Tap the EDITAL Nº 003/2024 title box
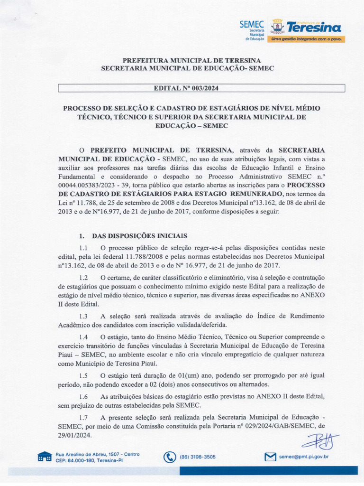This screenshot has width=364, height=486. [201, 88]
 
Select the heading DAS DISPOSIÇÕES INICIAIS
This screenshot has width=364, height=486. [140, 235]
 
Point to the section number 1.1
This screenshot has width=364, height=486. [84, 248]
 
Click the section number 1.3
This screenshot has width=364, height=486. [84, 316]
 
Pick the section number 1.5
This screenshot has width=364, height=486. [84, 375]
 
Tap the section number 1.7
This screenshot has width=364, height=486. [84, 417]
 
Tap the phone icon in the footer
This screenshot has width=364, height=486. [169, 457]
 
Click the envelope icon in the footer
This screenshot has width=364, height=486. [270, 457]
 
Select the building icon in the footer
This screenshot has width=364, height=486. [45, 457]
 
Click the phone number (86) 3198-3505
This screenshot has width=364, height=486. [198, 457]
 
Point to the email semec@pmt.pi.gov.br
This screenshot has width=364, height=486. [304, 457]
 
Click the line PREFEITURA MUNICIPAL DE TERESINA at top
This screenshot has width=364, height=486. [191, 60]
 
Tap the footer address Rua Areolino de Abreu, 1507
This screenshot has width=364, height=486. [98, 454]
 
